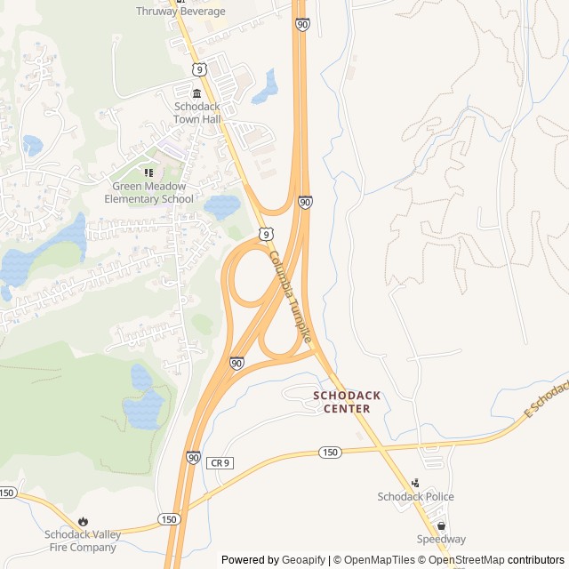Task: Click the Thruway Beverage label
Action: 180,12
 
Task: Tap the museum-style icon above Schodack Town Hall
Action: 197,93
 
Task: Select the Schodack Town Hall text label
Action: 197,112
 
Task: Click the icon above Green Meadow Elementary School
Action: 148,172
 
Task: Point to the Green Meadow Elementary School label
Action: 148,193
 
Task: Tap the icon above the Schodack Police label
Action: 415,483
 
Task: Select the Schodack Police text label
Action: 415,497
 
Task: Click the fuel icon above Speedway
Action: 441,526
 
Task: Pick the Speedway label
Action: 441,540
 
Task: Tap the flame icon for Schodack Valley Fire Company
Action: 83,521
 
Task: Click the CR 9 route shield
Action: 220,463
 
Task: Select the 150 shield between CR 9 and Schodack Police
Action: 330,453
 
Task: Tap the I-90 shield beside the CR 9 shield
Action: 193,457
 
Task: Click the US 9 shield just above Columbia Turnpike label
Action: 266,233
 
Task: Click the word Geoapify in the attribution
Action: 303,560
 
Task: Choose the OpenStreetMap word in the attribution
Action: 467,560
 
